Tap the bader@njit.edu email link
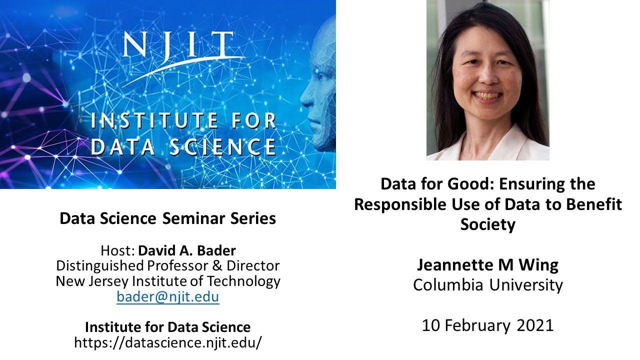pyautogui.click(x=167, y=297)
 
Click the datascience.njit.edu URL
pyautogui.click(x=167, y=342)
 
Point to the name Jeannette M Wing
pyautogui.click(x=487, y=264)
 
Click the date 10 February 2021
pyautogui.click(x=487, y=325)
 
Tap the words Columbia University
pyautogui.click(x=487, y=285)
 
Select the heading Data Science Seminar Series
pyautogui.click(x=167, y=218)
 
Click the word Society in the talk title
pyautogui.click(x=487, y=224)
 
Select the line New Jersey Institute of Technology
pyautogui.click(x=167, y=281)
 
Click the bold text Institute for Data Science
pyautogui.click(x=167, y=327)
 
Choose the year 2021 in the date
pyautogui.click(x=535, y=325)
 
